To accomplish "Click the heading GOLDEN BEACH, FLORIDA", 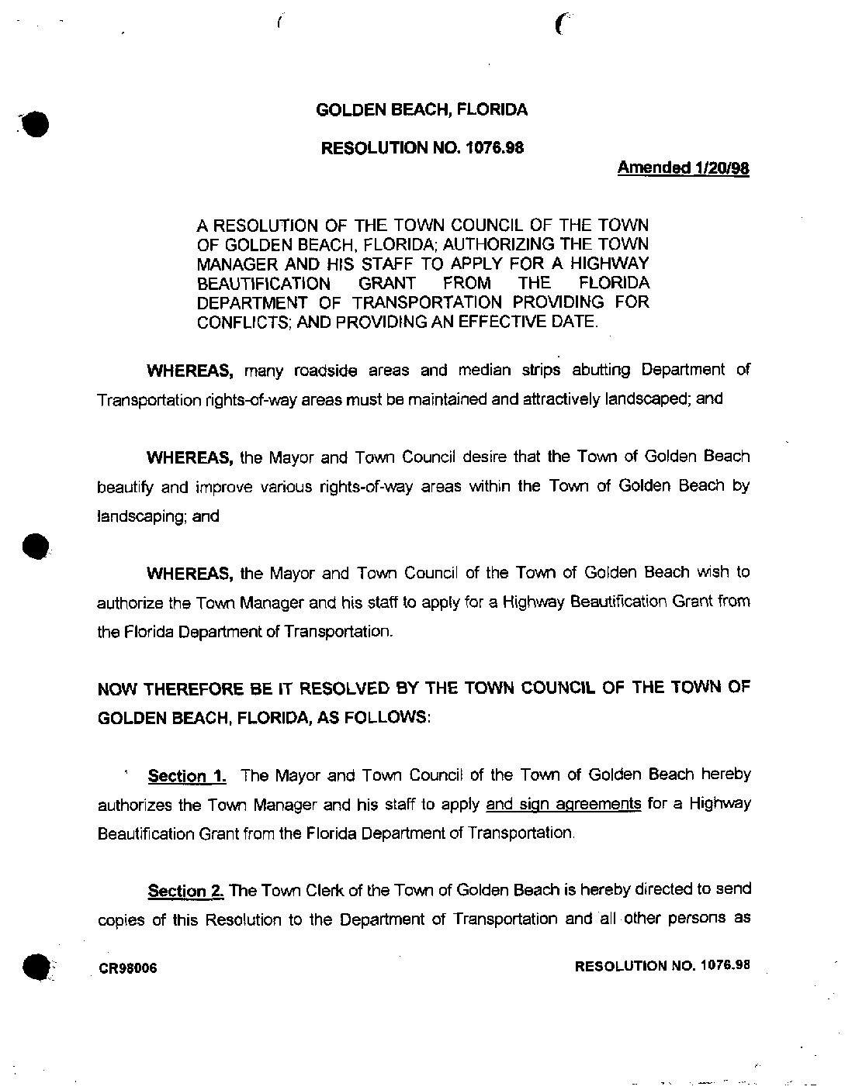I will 422,110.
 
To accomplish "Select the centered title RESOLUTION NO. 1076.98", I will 422,147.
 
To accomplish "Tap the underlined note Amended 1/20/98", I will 683,167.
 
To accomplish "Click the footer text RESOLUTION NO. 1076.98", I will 662,966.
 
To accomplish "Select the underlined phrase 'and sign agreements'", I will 563,804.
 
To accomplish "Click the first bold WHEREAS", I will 191,371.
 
